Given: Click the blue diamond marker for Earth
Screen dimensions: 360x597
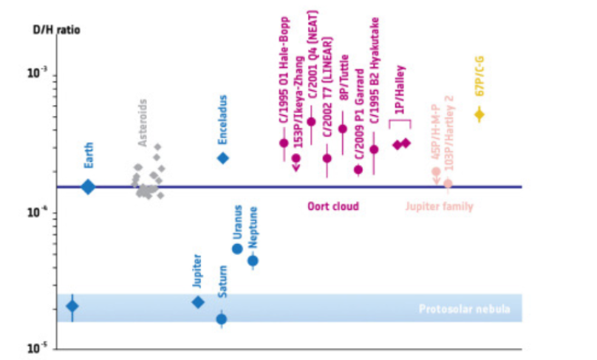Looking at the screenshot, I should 88,187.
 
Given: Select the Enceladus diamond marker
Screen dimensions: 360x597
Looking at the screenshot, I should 222,157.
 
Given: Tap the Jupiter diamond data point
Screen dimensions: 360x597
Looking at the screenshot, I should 198,302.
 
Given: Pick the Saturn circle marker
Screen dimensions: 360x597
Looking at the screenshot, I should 221,319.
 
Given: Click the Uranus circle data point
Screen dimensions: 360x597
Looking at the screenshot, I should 237,248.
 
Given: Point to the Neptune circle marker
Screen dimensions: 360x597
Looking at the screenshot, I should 253,260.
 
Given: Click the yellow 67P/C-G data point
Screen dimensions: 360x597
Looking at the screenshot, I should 479,115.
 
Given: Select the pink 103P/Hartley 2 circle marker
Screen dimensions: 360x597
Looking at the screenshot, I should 448,183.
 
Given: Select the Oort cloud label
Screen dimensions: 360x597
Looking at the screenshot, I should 333,206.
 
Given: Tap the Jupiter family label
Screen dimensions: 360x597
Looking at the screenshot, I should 440,206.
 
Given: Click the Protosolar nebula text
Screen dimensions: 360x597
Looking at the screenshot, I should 464,309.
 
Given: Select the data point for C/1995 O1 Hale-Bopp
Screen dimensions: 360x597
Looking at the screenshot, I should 283,143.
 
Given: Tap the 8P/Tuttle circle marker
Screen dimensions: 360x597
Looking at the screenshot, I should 342,129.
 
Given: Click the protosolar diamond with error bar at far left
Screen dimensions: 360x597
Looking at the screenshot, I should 72,306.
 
